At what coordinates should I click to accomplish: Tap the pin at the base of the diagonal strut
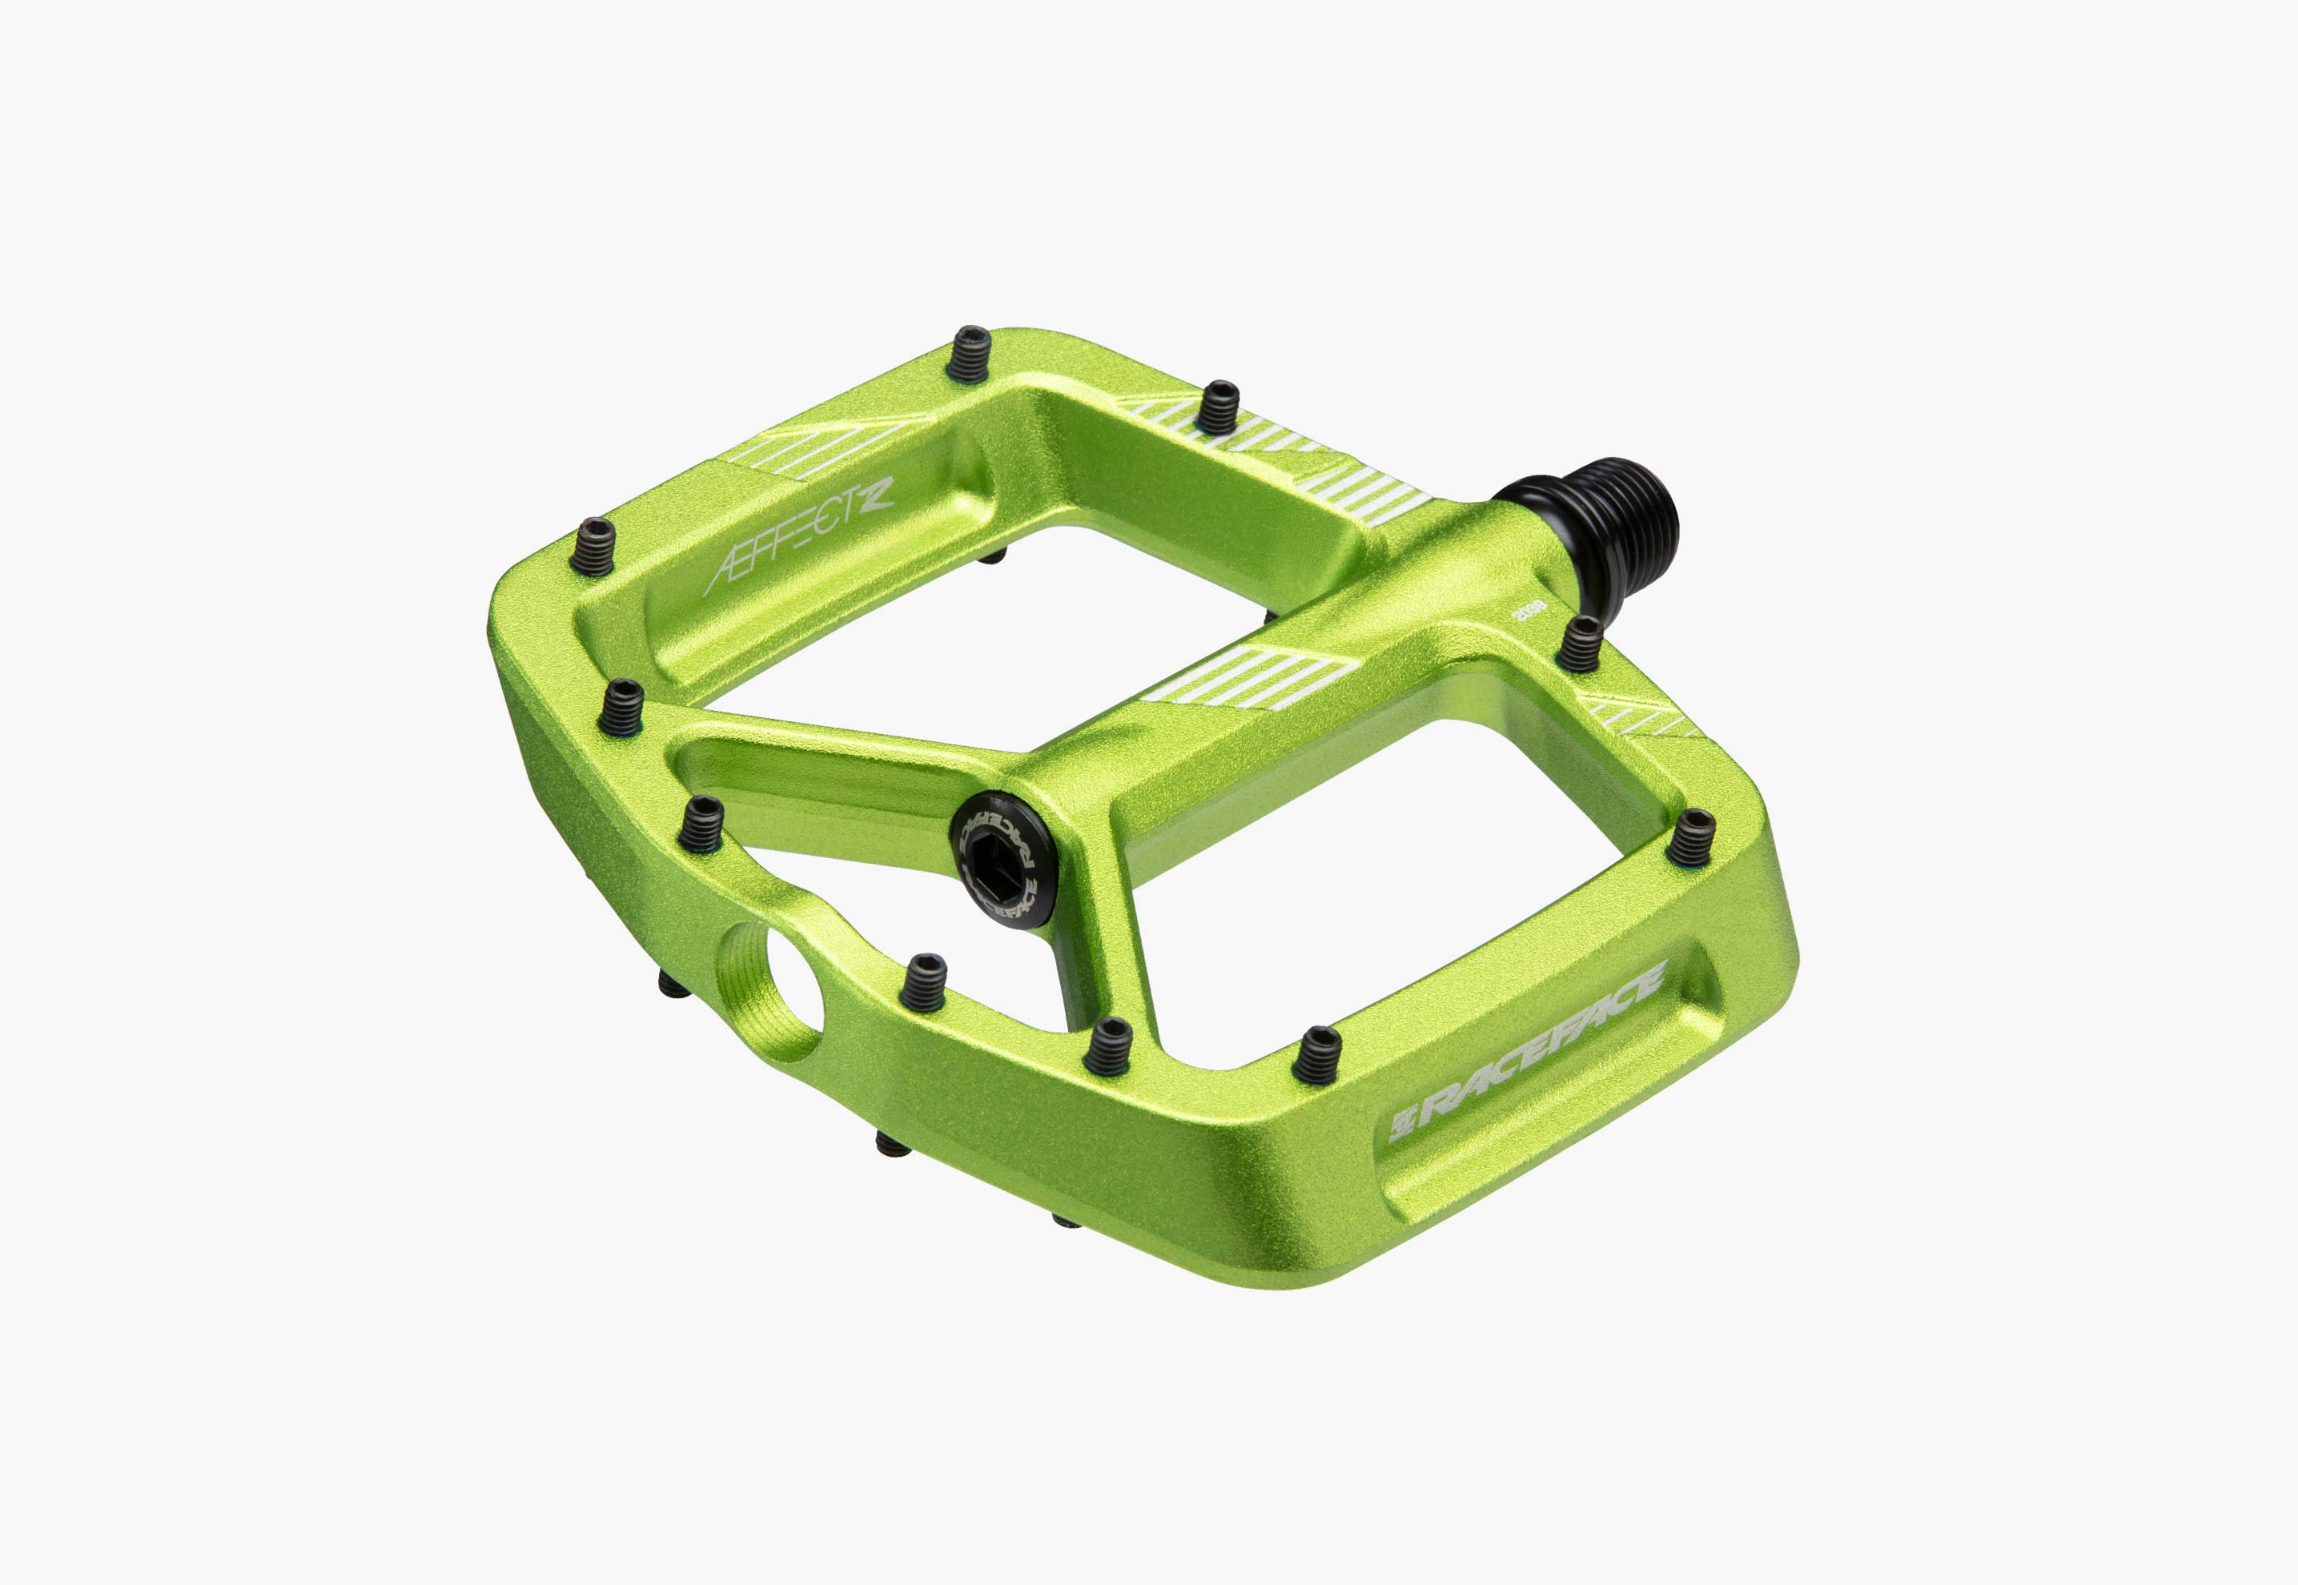tap(621, 706)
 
